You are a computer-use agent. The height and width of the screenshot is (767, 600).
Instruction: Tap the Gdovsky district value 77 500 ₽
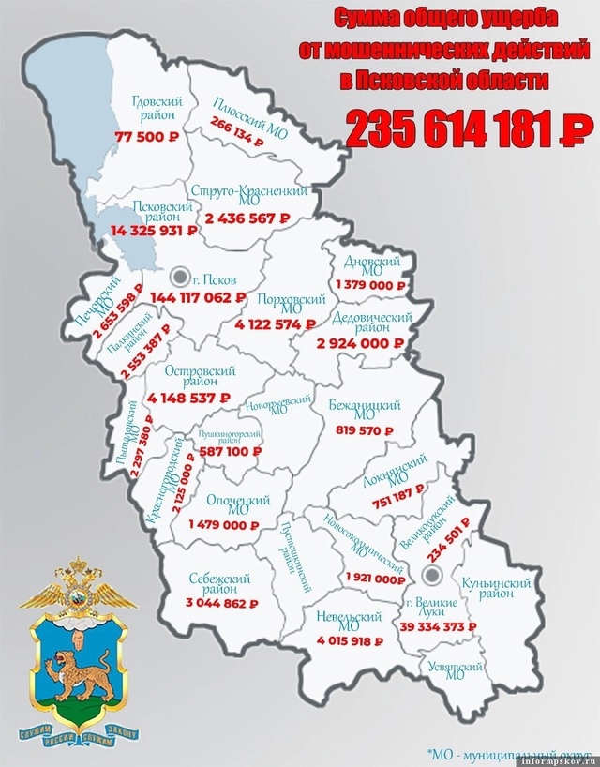click(147, 136)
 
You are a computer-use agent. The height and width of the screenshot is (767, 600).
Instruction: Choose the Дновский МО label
click(367, 265)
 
